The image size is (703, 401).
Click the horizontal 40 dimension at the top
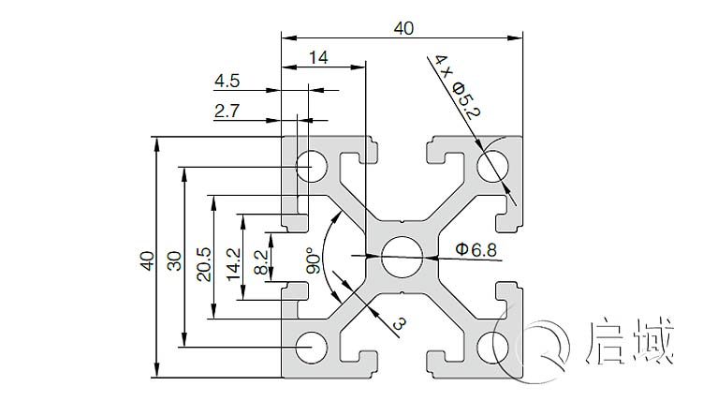click(403, 28)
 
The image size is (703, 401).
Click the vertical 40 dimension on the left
click(146, 260)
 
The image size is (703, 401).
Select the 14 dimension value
click(317, 57)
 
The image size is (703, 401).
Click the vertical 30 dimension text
click(174, 260)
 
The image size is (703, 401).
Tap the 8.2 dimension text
click(262, 260)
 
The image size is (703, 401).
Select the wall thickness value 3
click(399, 324)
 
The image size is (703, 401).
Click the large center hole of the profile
click(402, 256)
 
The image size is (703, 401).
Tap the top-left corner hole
click(307, 167)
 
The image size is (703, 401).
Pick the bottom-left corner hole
click(307, 347)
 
